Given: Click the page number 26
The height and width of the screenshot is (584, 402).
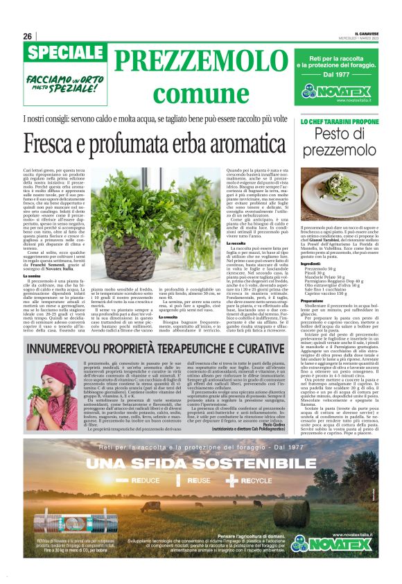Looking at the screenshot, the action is click(x=28, y=36).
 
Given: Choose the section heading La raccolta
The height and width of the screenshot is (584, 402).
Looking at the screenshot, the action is click(x=236, y=243).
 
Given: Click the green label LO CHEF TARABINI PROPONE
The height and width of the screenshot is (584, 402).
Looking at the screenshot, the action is click(x=339, y=121).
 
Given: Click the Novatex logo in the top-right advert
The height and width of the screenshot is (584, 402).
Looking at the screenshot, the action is click(x=341, y=90).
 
